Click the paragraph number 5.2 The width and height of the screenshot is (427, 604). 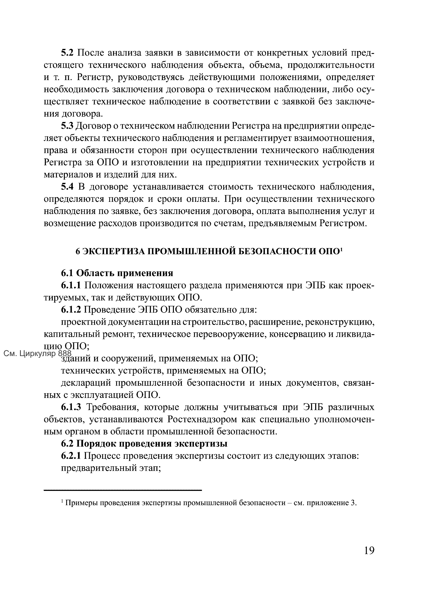(x=68, y=53)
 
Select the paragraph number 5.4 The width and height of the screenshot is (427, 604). (x=68, y=187)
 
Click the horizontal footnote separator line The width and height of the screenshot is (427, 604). (x=122, y=490)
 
